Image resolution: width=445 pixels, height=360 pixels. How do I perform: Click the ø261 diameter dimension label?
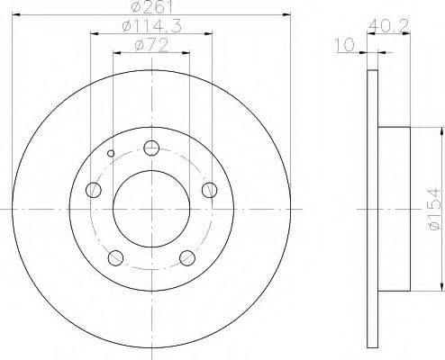pyautogui.click(x=152, y=6)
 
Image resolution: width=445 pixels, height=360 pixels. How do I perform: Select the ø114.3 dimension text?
pyautogui.click(x=152, y=26)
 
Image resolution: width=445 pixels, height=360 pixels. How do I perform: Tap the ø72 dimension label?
pyautogui.click(x=151, y=46)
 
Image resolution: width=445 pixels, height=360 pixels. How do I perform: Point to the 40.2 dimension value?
pyautogui.click(x=389, y=26)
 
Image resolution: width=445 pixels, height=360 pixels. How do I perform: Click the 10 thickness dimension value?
pyautogui.click(x=345, y=45)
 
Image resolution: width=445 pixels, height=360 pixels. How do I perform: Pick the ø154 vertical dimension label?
pyautogui.click(x=434, y=209)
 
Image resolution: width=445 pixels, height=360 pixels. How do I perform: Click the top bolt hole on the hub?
pyautogui.click(x=151, y=148)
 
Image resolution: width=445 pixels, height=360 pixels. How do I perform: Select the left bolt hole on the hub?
pyautogui.click(x=94, y=190)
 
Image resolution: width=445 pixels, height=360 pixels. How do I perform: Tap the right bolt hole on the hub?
pyautogui.click(x=209, y=190)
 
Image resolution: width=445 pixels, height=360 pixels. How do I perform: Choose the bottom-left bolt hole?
pyautogui.click(x=115, y=257)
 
